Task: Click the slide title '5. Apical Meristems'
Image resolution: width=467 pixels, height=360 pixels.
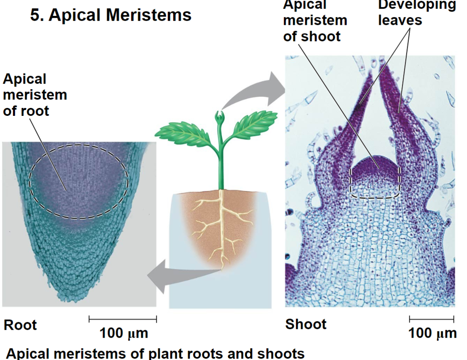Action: (111, 15)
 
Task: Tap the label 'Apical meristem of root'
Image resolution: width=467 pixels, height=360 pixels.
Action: (34, 95)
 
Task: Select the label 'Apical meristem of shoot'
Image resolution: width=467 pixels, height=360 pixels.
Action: (315, 20)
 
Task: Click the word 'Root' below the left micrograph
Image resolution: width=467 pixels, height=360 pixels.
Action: (20, 325)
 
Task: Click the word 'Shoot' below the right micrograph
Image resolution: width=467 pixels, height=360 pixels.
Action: (306, 324)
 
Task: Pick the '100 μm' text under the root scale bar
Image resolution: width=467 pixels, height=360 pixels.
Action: (123, 333)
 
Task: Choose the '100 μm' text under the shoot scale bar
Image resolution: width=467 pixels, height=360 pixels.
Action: (432, 333)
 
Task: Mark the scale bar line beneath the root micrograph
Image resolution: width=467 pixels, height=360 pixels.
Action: (123, 319)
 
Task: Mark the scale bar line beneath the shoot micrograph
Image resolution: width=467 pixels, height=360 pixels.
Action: (432, 319)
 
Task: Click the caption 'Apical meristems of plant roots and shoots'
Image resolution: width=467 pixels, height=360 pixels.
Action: (155, 354)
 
